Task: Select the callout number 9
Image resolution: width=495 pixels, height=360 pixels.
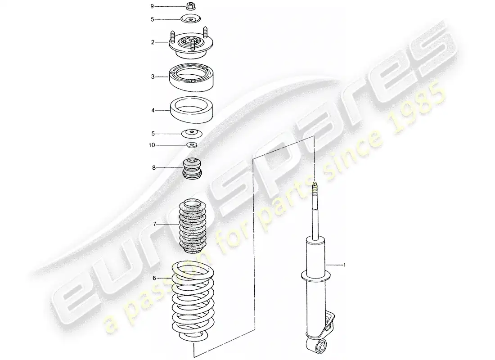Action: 152,6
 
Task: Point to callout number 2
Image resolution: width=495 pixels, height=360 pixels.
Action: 153,42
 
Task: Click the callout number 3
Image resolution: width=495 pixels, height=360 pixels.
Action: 153,77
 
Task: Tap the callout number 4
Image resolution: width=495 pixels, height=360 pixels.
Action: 153,110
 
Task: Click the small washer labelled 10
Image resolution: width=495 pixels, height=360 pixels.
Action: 192,145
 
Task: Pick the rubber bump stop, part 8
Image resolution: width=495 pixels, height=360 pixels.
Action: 192,169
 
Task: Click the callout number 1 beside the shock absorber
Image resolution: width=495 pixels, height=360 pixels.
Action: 345,265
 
